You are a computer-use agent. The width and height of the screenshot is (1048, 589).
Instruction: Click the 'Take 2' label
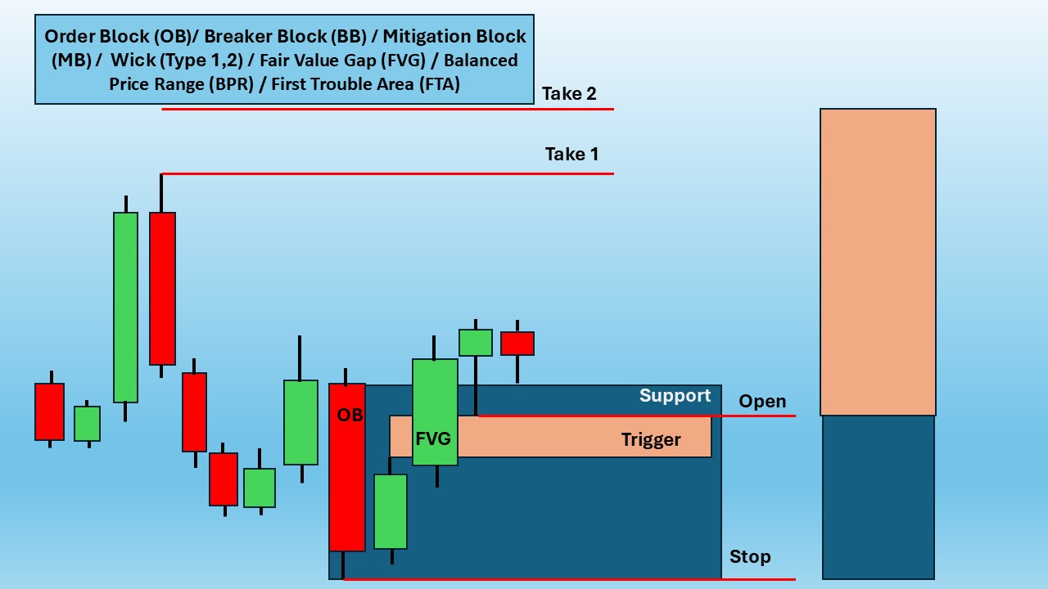coord(569,93)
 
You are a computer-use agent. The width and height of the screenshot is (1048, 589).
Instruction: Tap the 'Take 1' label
coord(571,155)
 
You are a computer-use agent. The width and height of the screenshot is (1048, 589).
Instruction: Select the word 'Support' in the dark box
coord(675,396)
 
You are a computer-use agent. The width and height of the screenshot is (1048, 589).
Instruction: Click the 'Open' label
coord(762,402)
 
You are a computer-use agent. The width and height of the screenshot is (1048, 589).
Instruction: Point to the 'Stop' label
coord(750,557)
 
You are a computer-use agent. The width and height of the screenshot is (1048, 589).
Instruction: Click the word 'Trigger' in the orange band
coord(651,440)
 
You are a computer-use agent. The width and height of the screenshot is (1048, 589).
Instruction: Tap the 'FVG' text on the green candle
coord(433,438)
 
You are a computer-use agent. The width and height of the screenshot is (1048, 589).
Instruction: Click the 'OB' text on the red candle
coord(350,415)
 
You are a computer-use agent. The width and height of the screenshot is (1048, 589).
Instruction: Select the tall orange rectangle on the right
coord(878,263)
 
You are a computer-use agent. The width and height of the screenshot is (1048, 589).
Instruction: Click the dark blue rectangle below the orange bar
coord(879,497)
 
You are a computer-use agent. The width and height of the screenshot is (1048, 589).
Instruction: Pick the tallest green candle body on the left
coord(125,308)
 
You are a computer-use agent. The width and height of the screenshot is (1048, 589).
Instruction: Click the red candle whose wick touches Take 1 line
coord(162,289)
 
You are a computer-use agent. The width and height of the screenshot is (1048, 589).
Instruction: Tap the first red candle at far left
coord(50,411)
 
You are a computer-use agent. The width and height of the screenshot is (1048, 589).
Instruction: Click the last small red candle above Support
coord(517,344)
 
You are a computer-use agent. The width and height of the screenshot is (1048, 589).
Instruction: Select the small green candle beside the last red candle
coord(476,343)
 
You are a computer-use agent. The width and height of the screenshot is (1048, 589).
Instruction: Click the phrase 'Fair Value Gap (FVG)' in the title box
coord(342,61)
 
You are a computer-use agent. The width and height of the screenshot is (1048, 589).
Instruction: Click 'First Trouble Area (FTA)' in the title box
coord(365,84)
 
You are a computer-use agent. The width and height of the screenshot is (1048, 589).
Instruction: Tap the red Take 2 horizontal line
coord(387,110)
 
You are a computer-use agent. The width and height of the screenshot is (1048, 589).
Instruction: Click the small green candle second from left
coord(87,424)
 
